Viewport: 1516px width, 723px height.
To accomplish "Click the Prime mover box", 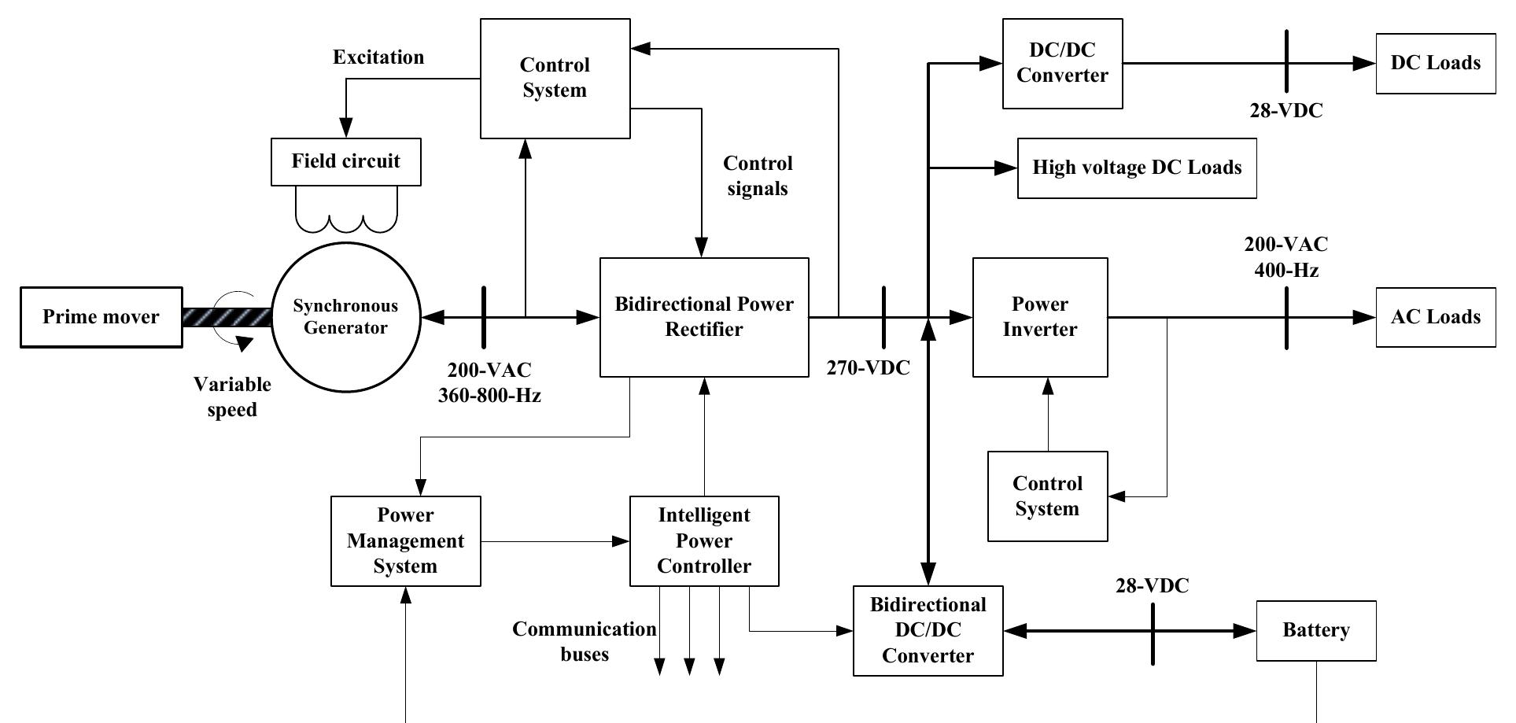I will [x=101, y=317].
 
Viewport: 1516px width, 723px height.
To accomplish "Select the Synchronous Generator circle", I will [x=345, y=317].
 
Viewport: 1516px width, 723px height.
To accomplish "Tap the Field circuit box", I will [x=345, y=162].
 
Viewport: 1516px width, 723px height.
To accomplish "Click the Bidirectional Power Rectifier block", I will [x=704, y=317].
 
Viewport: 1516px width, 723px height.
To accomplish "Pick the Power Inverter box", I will [x=1039, y=317].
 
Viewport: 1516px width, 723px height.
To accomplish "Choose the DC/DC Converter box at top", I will [x=1062, y=63].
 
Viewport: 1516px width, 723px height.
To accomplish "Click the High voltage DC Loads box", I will [x=1136, y=168].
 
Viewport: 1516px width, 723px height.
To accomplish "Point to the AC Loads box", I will [x=1435, y=317].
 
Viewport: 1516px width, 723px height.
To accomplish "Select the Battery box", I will [x=1315, y=630].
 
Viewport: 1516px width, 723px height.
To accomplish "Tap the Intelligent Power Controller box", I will [x=704, y=540].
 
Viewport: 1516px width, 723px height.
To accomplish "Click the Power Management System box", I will [x=405, y=540].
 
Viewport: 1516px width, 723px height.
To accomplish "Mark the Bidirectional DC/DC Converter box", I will [x=928, y=630].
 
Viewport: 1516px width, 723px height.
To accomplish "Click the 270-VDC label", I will [x=868, y=368].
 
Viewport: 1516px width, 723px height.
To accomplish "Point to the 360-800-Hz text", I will [x=489, y=395].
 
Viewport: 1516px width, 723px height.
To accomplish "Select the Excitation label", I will [x=378, y=57].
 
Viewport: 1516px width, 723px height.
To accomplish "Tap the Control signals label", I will [x=758, y=175].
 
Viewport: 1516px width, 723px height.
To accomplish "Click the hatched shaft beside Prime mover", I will [x=227, y=317].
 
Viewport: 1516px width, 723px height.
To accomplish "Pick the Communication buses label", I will [x=584, y=641].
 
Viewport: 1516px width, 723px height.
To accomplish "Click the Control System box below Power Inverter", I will [x=1047, y=496].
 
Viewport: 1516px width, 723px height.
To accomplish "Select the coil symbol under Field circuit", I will [x=345, y=212].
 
